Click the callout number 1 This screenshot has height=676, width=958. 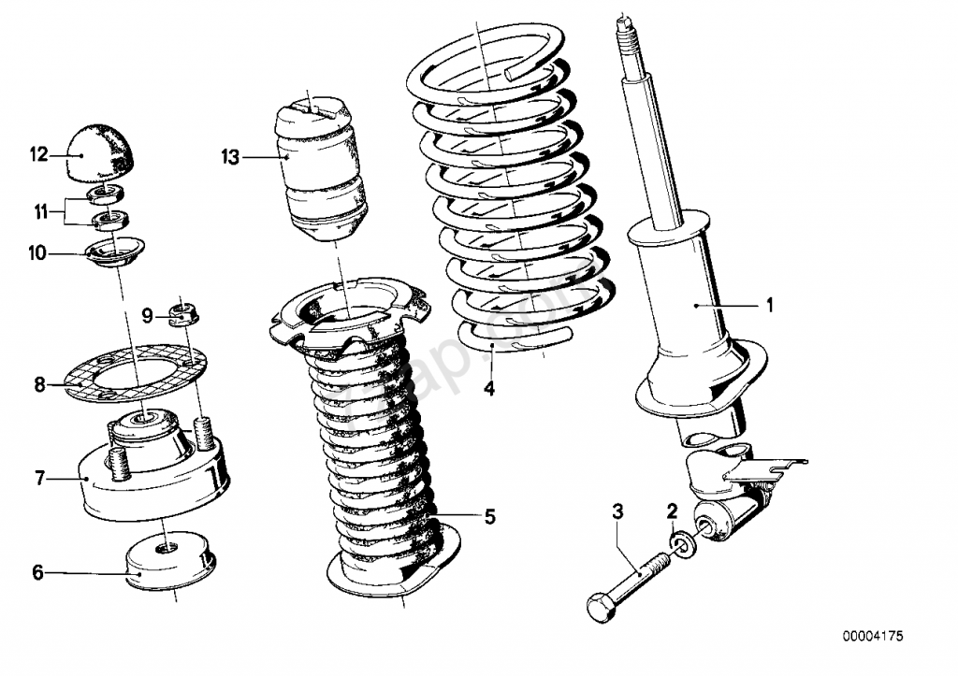tap(770, 305)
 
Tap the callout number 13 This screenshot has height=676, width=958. tap(231, 157)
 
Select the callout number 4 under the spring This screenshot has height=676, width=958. tap(488, 388)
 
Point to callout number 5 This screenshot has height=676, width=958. tap(489, 516)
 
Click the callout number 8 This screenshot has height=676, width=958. tap(39, 383)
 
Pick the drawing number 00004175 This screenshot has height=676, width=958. tap(872, 637)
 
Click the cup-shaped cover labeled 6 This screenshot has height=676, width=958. tap(168, 561)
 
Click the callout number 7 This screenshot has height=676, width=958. tap(39, 478)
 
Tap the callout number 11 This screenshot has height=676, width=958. tap(39, 211)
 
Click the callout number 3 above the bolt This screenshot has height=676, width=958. tap(617, 511)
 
